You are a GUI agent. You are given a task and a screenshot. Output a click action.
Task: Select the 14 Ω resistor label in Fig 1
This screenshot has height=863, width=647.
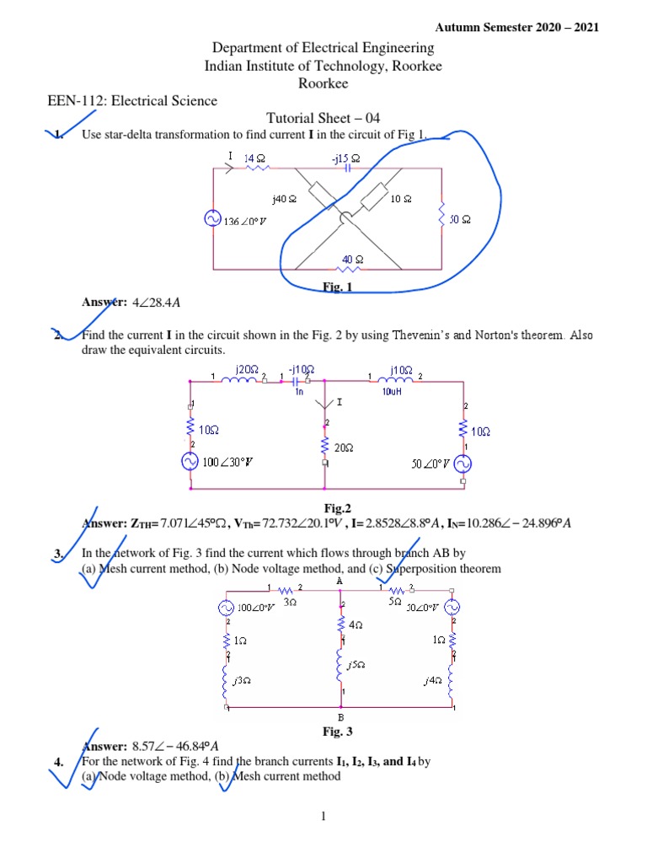pos(254,158)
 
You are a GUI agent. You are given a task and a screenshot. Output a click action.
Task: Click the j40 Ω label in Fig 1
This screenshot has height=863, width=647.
pos(284,199)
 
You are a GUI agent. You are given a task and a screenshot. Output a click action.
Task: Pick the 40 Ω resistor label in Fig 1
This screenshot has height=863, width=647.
pos(353,259)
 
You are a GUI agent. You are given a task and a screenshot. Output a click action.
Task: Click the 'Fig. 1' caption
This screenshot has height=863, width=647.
pos(337,287)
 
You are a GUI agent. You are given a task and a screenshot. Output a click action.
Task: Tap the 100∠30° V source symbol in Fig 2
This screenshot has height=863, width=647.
pos(191,462)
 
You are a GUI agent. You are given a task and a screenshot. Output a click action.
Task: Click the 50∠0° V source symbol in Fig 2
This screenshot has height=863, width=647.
pos(463,464)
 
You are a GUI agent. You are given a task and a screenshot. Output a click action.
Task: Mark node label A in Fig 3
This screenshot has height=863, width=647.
pos(340,581)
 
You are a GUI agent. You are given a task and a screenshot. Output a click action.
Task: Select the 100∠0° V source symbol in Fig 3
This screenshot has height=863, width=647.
pos(227,607)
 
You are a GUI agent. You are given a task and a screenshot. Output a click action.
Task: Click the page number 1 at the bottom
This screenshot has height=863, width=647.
pos(323,817)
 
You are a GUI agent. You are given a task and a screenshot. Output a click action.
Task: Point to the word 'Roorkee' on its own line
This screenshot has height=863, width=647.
pos(323,83)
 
